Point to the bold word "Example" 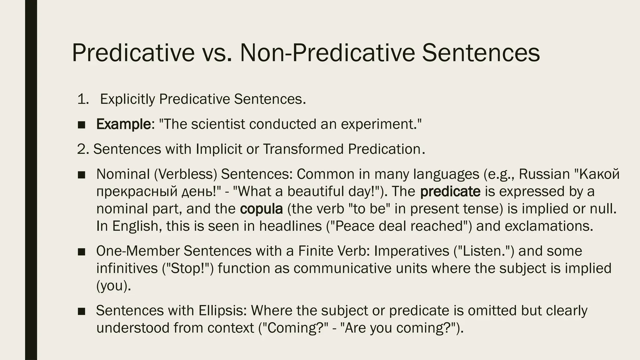point(124,124)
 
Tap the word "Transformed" point(303,149)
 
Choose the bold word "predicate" point(450,192)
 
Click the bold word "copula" point(261,209)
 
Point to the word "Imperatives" point(411,251)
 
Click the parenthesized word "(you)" point(113,286)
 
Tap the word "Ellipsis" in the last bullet point(222,310)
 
